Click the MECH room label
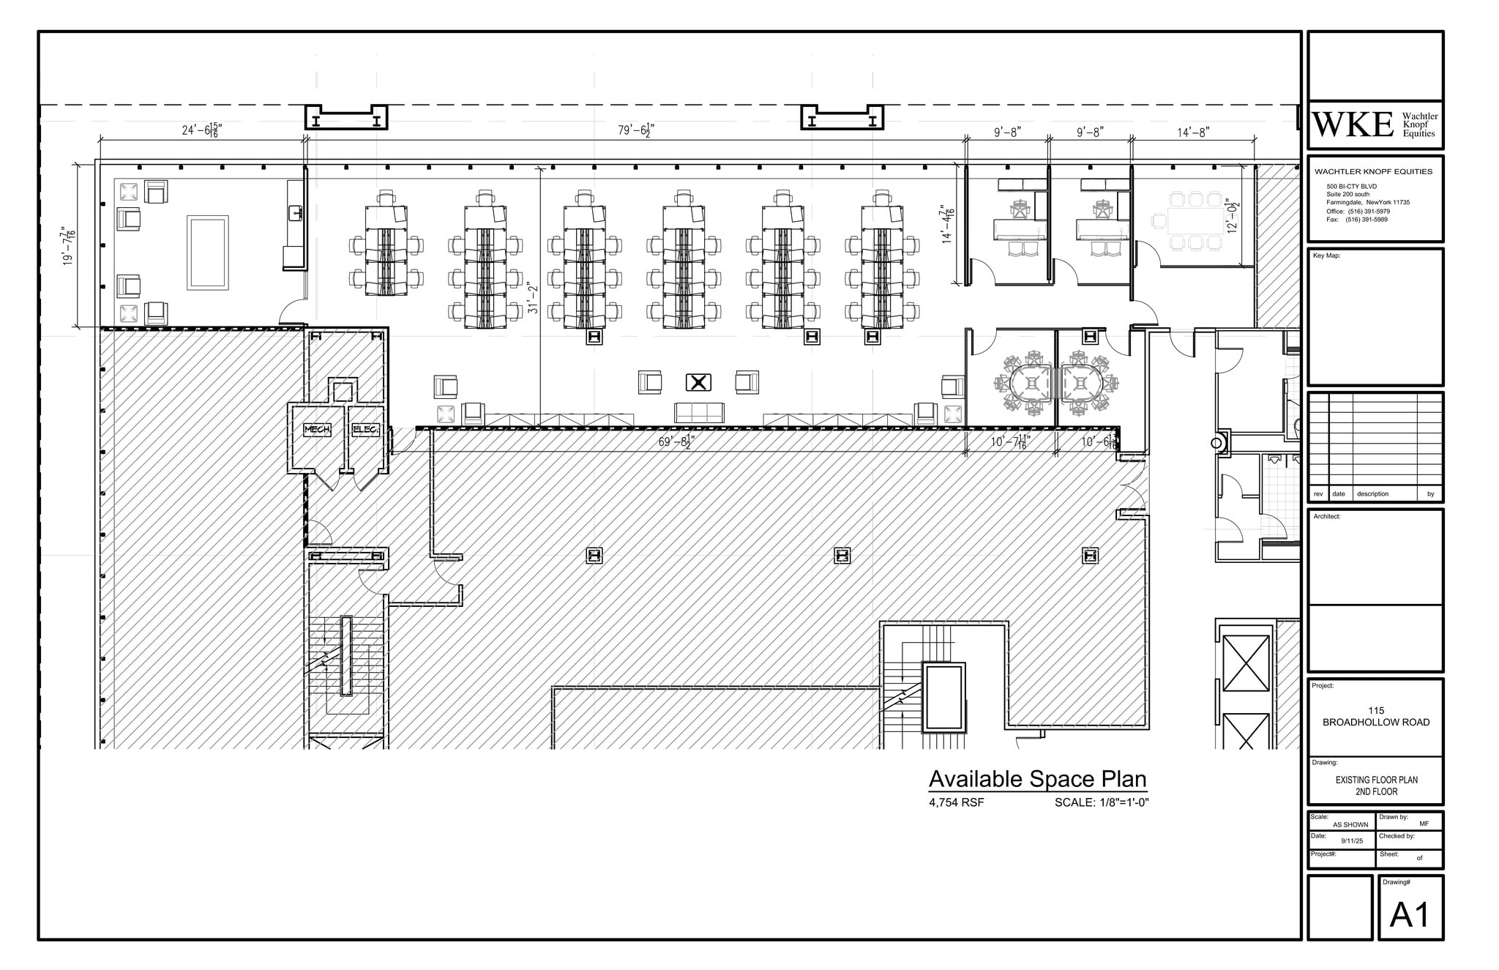click(x=316, y=430)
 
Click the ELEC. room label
click(x=365, y=430)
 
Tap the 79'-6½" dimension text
click(x=635, y=130)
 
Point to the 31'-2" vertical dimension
click(x=533, y=298)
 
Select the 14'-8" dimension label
click(x=1193, y=132)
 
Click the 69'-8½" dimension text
click(x=676, y=441)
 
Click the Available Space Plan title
click(x=1037, y=778)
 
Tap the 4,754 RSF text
click(x=956, y=802)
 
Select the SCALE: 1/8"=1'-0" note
click(x=1102, y=802)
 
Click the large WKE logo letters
click(x=1353, y=125)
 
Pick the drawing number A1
click(x=1410, y=914)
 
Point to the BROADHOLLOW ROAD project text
click(x=1376, y=722)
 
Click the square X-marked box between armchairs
click(x=698, y=382)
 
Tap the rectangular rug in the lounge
click(x=208, y=252)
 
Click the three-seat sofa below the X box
click(x=699, y=413)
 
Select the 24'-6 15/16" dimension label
click(x=201, y=130)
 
